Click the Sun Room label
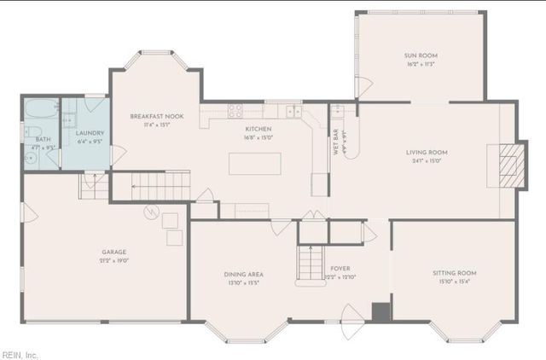[420, 56]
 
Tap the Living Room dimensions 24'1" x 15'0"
[427, 161]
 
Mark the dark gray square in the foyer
[380, 312]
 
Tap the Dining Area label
[242, 274]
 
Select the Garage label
[113, 252]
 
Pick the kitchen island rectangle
[254, 163]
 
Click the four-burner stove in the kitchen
[235, 109]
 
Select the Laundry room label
[90, 133]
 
